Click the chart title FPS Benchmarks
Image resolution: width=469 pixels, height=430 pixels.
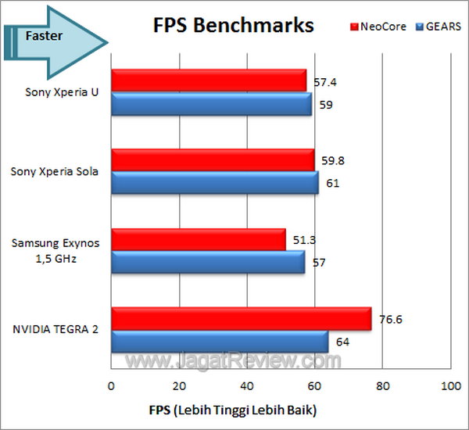tap(233, 25)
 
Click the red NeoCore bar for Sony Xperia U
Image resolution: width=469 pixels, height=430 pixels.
tap(209, 81)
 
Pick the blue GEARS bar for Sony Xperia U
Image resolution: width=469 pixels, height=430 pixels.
tap(211, 104)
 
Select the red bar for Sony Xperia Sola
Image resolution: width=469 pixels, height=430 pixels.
tap(213, 160)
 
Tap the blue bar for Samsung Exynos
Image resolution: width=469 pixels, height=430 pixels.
tap(208, 263)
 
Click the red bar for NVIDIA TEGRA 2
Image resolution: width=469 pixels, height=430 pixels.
tap(241, 319)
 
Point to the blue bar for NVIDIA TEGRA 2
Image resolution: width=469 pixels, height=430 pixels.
tap(220, 342)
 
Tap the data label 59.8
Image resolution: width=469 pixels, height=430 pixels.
tap(331, 159)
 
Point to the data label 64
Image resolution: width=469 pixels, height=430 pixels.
tap(342, 342)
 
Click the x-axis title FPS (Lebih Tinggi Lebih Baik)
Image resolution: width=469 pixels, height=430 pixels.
tap(233, 410)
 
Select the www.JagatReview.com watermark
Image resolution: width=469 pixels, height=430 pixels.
tap(234, 361)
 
